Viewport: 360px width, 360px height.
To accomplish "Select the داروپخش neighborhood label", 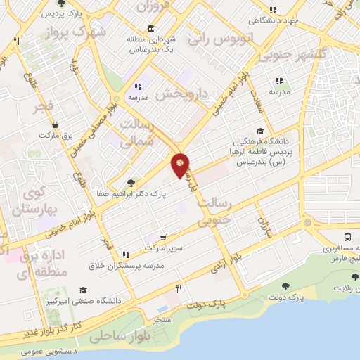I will tap(184, 92).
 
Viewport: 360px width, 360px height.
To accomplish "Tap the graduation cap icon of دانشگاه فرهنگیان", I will tap(261, 131).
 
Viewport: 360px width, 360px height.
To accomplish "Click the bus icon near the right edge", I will tap(349, 238).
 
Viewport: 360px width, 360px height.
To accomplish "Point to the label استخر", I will tap(162, 319).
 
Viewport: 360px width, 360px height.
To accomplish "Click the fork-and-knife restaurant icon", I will tap(179, 288).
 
